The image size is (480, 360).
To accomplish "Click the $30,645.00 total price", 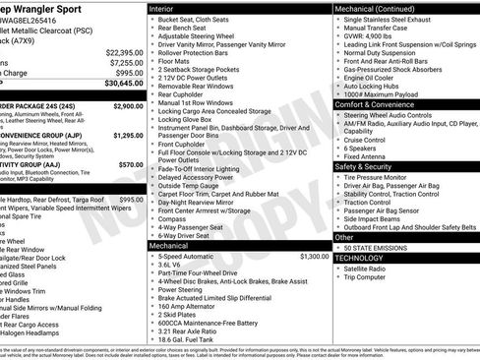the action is pyautogui.click(x=118, y=86).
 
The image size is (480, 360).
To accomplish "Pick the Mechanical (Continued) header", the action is pyautogui.click(x=374, y=7).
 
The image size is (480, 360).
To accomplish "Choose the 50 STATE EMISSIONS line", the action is pyautogui.click(x=375, y=246).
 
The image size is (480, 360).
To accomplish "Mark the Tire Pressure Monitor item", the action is pyautogui.click(x=375, y=177).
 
